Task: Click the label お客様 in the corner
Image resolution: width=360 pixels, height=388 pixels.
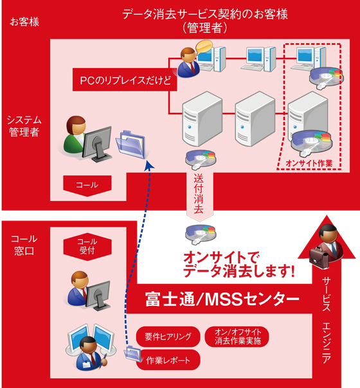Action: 24,22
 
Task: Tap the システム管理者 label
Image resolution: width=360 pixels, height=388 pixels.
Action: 23,126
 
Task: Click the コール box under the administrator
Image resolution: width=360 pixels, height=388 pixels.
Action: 87,184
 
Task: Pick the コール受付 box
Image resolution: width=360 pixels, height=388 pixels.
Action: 86,247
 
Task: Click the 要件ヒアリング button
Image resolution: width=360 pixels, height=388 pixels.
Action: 168,336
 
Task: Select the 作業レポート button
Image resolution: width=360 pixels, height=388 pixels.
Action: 168,360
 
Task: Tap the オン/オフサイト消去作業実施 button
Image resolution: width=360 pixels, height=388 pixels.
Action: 237,336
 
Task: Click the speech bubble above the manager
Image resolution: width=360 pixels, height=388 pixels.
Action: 204,46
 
